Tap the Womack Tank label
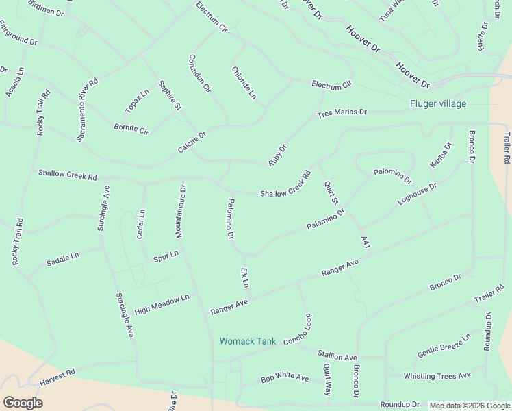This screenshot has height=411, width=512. click(247, 341)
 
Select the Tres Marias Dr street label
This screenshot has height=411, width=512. click(342, 113)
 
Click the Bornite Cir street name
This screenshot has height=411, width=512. click(131, 128)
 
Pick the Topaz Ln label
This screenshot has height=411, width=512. click(136, 101)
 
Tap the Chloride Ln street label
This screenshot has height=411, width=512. click(243, 83)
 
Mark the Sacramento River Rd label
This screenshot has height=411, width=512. click(87, 110)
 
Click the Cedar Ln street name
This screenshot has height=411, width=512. click(142, 224)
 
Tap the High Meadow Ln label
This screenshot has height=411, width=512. click(162, 304)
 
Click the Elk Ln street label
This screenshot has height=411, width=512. click(244, 277)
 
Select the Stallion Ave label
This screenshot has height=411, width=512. click(337, 357)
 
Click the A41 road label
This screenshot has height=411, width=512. click(366, 242)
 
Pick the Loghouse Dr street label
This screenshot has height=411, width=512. click(417, 194)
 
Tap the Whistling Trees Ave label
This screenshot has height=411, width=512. click(437, 376)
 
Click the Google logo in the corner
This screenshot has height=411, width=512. click(23, 402)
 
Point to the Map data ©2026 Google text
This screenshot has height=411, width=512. click(470, 406)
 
